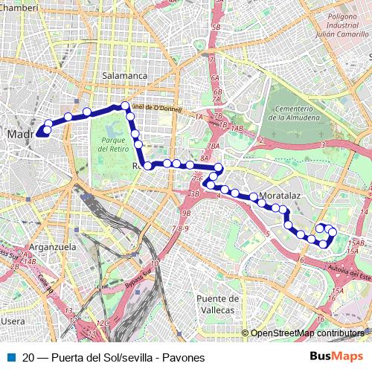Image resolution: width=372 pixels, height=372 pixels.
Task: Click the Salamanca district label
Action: coord(126,76)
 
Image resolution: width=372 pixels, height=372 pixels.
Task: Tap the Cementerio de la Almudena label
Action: coord(295,113)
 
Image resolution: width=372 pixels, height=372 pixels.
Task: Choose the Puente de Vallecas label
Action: coord(217,304)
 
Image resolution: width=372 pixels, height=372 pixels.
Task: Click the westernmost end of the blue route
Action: coord(36,135)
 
